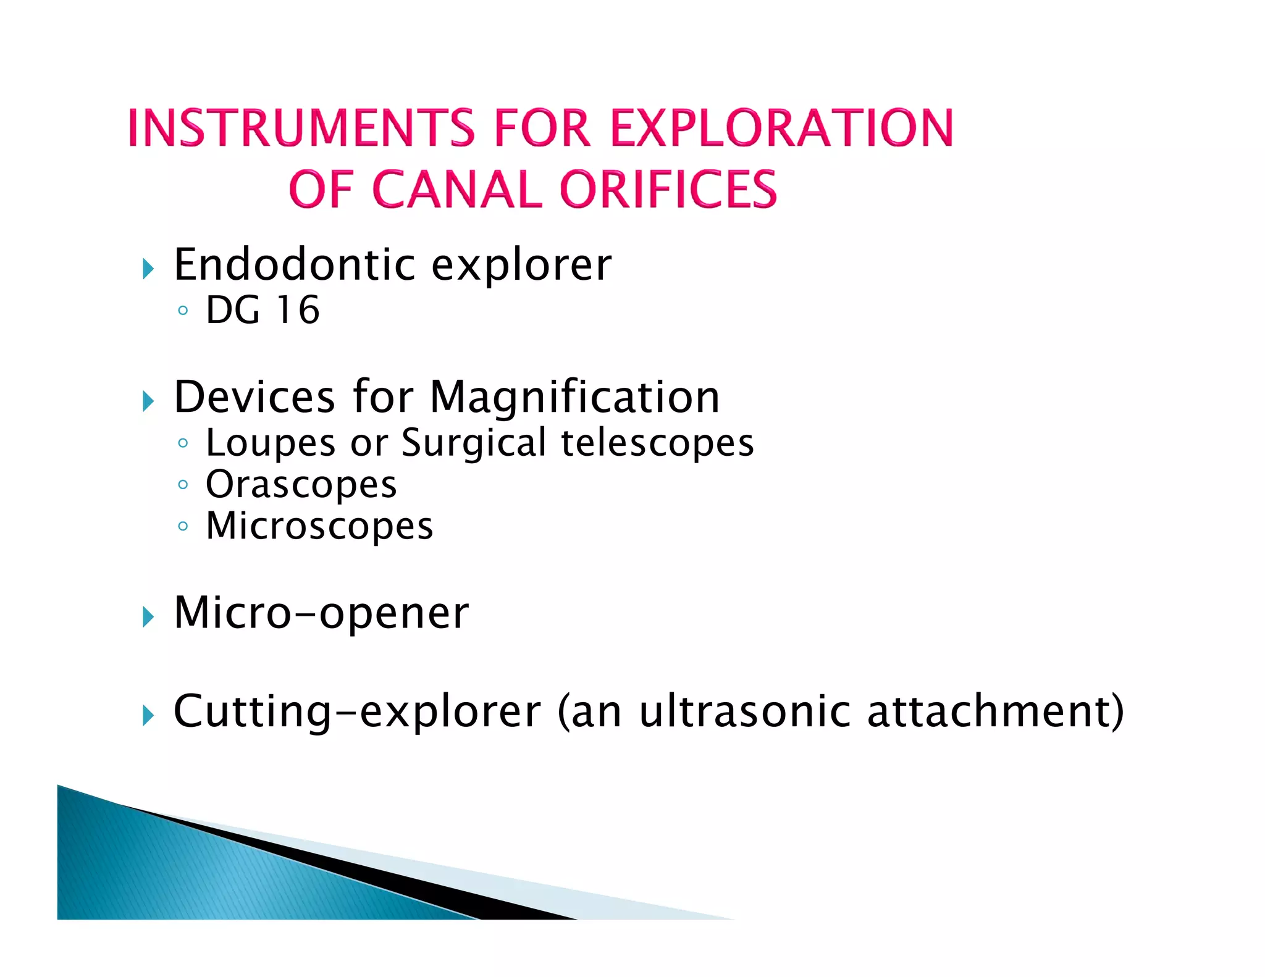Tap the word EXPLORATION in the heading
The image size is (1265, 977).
[781, 128]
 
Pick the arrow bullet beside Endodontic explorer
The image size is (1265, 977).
[148, 269]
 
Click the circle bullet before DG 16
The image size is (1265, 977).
[182, 311]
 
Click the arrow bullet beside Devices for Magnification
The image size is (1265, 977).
[148, 401]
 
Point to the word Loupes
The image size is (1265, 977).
[271, 443]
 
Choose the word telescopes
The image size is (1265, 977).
[657, 443]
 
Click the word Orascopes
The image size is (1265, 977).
[301, 485]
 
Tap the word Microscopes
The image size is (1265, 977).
[319, 526]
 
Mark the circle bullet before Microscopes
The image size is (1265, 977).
[182, 527]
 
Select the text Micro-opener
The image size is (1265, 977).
[321, 613]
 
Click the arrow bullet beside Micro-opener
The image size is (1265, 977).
[148, 617]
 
